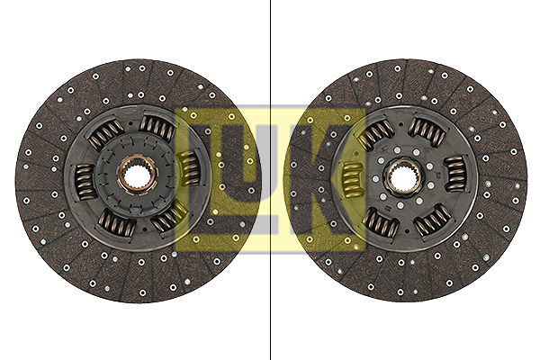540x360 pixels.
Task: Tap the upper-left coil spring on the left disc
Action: pyautogui.click(x=105, y=134)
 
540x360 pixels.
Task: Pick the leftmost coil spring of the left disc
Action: pyautogui.click(x=85, y=182)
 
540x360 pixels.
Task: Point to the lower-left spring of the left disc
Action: pyautogui.click(x=116, y=223)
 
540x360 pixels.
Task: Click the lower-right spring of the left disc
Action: pyautogui.click(x=168, y=217)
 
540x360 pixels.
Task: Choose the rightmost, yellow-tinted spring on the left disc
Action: pyautogui.click(x=190, y=168)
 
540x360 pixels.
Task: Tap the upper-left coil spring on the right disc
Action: pyautogui.click(x=374, y=136)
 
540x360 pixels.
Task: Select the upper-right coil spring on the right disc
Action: pyautogui.click(x=427, y=131)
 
